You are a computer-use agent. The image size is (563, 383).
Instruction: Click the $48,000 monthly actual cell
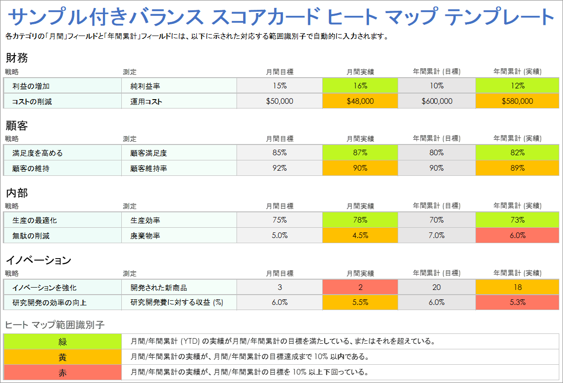click(360, 101)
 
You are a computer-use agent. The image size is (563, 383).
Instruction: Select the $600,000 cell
click(437, 101)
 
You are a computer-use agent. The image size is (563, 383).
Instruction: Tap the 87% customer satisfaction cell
click(360, 153)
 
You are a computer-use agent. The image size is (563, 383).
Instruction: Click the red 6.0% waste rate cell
click(518, 236)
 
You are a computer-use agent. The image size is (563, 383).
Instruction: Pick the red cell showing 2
click(360, 287)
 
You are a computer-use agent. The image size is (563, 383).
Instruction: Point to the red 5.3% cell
click(518, 303)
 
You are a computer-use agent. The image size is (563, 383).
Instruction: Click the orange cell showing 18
click(518, 287)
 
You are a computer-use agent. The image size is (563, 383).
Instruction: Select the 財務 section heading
click(17, 58)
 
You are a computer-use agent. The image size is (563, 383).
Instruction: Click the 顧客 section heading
click(17, 125)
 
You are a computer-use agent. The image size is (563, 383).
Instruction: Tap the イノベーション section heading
click(38, 260)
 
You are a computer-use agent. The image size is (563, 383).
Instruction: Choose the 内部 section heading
click(17, 193)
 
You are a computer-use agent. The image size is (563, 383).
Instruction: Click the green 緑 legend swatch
click(62, 341)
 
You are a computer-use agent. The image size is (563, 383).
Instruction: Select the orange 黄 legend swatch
click(62, 357)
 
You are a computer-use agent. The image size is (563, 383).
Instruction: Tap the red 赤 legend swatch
click(62, 373)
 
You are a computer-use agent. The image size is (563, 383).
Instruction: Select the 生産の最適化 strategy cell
click(62, 220)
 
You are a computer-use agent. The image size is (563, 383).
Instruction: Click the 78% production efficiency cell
click(360, 220)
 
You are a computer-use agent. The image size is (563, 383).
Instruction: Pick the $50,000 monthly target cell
click(280, 101)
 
